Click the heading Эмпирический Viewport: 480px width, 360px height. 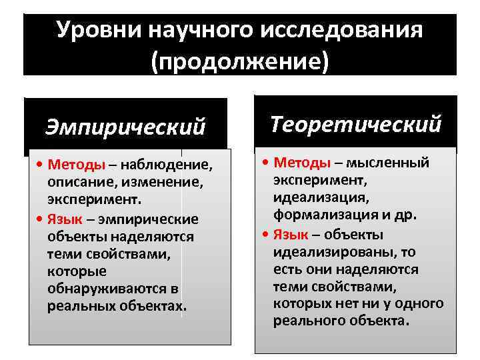coord(125,126)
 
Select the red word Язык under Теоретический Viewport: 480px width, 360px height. coord(291,235)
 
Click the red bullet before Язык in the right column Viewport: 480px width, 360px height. coord(267,235)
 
